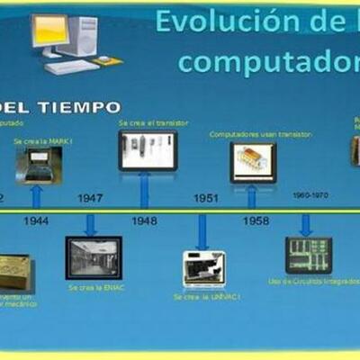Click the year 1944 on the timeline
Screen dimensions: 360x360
(x=36, y=219)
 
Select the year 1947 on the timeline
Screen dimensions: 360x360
(x=90, y=198)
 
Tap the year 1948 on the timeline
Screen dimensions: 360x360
(x=144, y=219)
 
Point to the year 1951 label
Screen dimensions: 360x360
(x=207, y=198)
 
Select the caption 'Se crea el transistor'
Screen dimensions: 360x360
(x=148, y=122)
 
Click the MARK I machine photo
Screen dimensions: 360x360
(x=39, y=166)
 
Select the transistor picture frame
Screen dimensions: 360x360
(x=148, y=149)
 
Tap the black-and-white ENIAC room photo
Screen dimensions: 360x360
(x=93, y=257)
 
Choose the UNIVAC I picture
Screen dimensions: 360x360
(x=204, y=268)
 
